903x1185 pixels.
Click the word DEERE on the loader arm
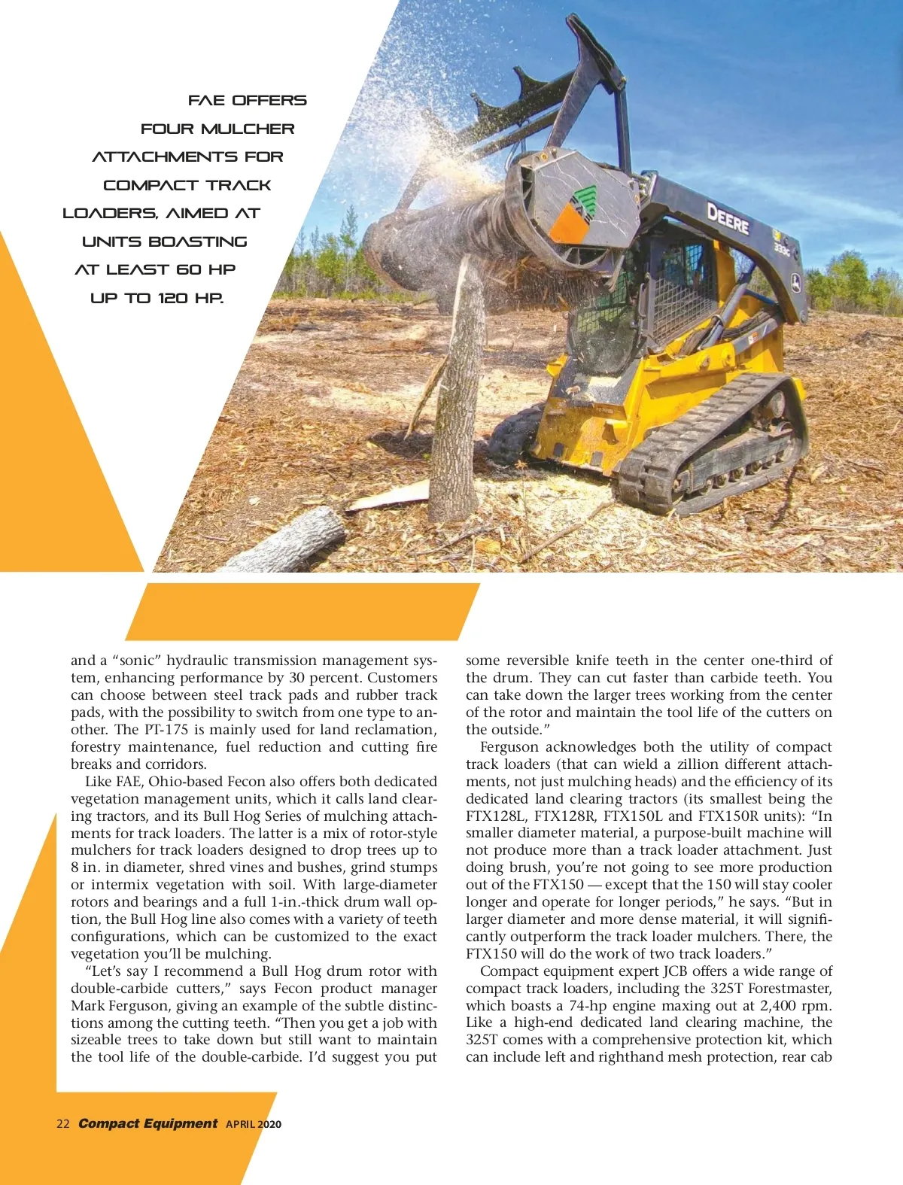click(727, 219)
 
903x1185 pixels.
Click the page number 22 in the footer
click(63, 1124)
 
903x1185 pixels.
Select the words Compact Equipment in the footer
click(148, 1123)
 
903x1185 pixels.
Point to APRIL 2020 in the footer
click(254, 1124)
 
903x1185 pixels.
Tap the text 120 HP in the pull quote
click(190, 298)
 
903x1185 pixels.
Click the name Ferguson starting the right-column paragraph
click(509, 747)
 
